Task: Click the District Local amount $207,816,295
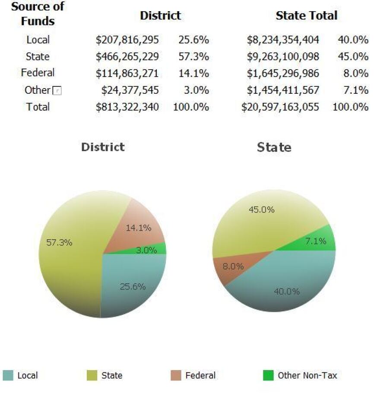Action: tap(127, 40)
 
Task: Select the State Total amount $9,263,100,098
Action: tap(283, 57)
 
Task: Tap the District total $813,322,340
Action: tap(127, 107)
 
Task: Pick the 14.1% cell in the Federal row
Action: tap(193, 73)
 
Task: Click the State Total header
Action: tap(306, 16)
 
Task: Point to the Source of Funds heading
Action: tap(38, 13)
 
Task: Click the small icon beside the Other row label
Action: tap(57, 91)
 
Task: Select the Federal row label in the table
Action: tap(38, 73)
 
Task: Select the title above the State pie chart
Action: tap(274, 147)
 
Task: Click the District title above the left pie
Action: tap(103, 147)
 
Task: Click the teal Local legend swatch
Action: tap(8, 375)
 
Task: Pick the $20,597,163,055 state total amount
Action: tap(280, 107)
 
